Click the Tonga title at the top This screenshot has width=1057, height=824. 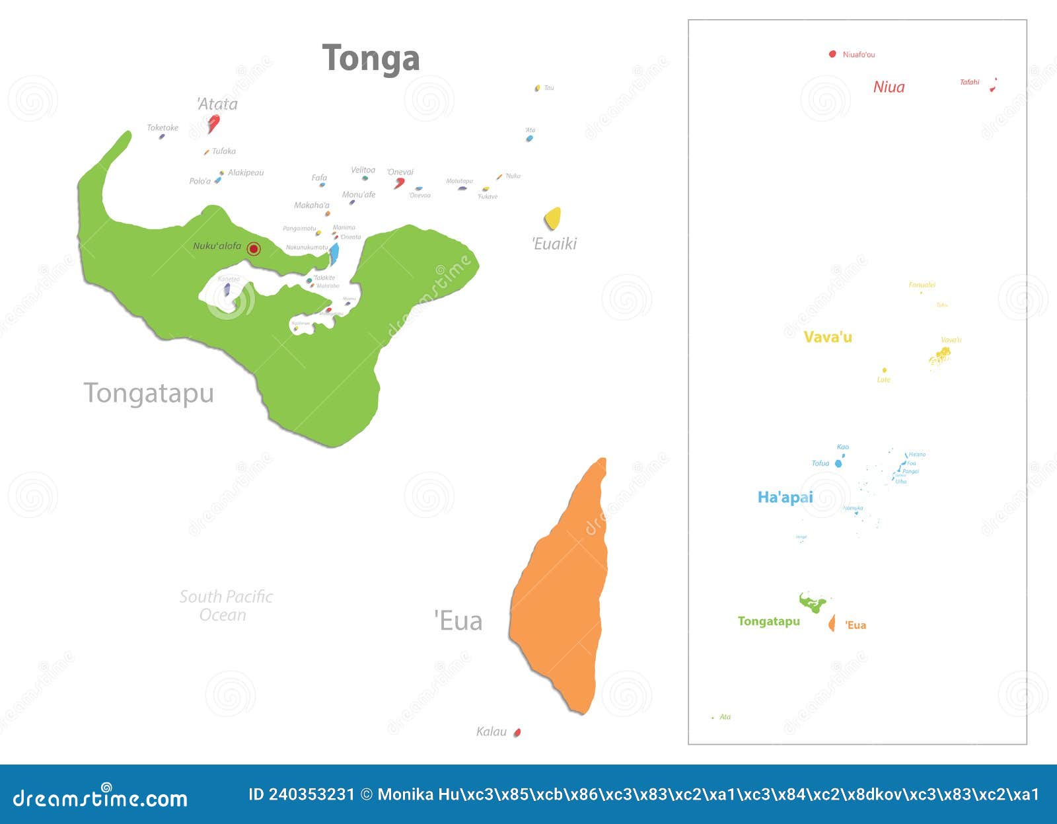(x=371, y=59)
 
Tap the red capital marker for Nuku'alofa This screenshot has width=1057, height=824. (x=254, y=248)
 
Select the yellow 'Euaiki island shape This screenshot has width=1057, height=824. (x=552, y=218)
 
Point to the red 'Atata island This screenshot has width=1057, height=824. (x=213, y=122)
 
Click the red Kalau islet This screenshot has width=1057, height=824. (x=517, y=732)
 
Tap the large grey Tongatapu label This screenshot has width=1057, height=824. (x=149, y=393)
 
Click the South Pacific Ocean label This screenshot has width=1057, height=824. (x=225, y=605)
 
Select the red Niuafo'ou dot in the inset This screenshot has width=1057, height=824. (x=832, y=54)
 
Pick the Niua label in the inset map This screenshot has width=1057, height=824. (x=889, y=87)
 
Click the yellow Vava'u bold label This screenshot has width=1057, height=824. (x=827, y=337)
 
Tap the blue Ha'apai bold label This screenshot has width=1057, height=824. (x=785, y=497)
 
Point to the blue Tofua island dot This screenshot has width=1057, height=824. (x=838, y=464)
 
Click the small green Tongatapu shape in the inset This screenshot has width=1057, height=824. (x=812, y=603)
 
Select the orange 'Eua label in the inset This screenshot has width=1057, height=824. (x=856, y=625)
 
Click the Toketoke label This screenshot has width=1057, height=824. (x=163, y=128)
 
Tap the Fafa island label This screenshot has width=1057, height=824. (x=319, y=177)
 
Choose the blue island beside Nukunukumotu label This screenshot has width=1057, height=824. (x=334, y=253)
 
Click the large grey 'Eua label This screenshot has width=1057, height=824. (x=458, y=621)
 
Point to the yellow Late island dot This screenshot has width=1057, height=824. (x=884, y=371)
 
